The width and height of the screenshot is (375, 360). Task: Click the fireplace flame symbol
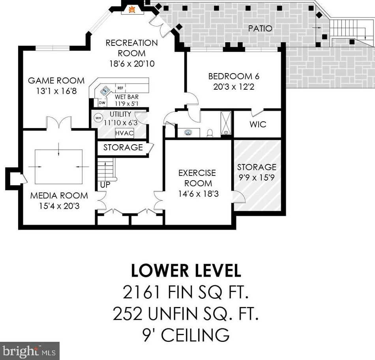pyautogui.click(x=132, y=9)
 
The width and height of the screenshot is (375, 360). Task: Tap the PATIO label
pyautogui.click(x=260, y=28)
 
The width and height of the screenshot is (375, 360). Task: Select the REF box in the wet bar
pyautogui.click(x=120, y=88)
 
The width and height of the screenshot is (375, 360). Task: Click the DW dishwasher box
pyautogui.click(x=102, y=103)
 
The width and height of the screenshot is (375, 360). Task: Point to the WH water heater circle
pyautogui.click(x=98, y=118)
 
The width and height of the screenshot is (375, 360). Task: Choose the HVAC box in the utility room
pyautogui.click(x=124, y=133)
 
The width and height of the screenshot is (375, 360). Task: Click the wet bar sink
pyautogui.click(x=105, y=90)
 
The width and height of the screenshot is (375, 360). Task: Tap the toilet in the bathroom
pyautogui.click(x=210, y=133)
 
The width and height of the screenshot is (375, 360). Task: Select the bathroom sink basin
pyautogui.click(x=189, y=132)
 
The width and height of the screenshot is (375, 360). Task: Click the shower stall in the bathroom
pyautogui.click(x=226, y=123)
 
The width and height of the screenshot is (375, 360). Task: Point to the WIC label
pyautogui.click(x=258, y=124)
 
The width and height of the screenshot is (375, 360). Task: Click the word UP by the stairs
pyautogui.click(x=105, y=185)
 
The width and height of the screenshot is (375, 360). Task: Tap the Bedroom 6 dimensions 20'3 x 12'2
pyautogui.click(x=234, y=87)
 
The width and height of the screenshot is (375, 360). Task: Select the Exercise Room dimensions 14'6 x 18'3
pyautogui.click(x=198, y=194)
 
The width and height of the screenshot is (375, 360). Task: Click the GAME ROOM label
pyautogui.click(x=56, y=81)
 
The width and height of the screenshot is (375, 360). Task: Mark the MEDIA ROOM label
pyautogui.click(x=59, y=196)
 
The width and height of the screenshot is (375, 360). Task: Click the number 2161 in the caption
pyautogui.click(x=141, y=292)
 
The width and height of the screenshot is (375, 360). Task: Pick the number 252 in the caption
pyautogui.click(x=128, y=313)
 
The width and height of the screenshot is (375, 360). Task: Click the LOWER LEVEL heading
pyautogui.click(x=186, y=270)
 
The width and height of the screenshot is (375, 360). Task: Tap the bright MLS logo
pyautogui.click(x=30, y=351)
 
